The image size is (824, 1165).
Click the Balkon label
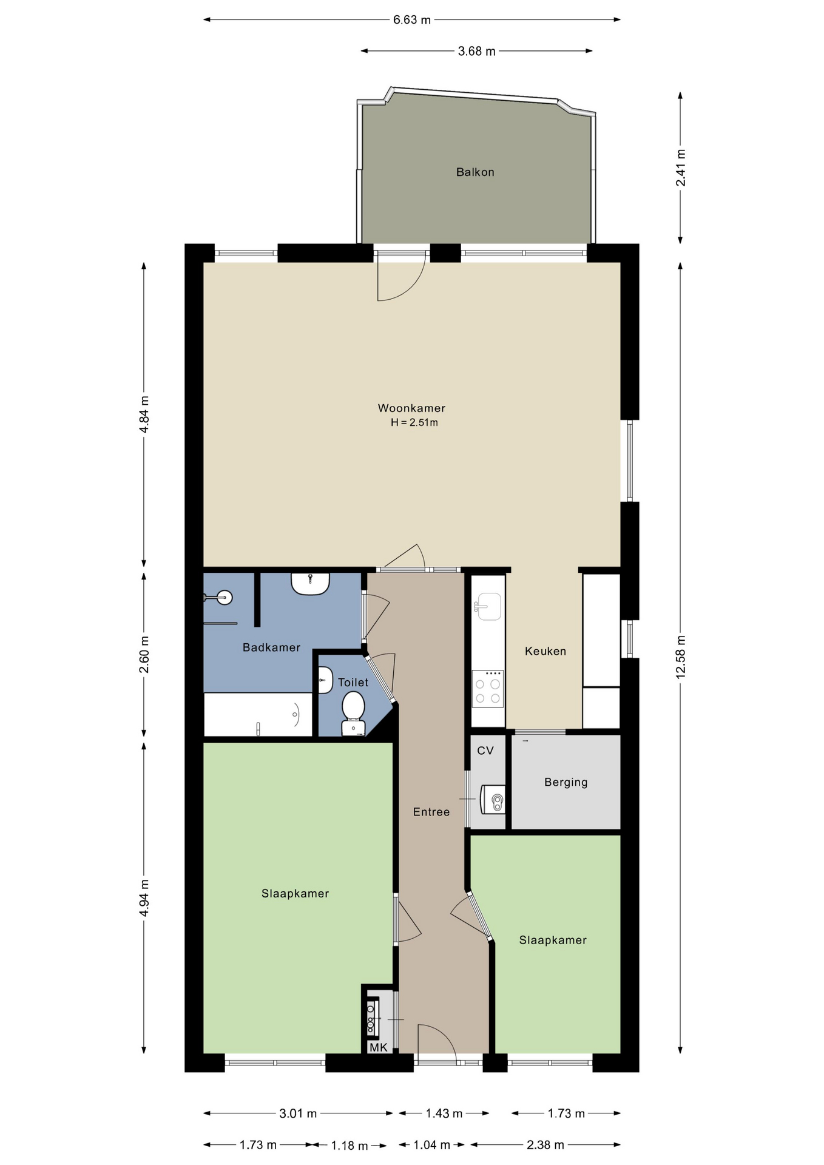475,172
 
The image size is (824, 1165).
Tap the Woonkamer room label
411,408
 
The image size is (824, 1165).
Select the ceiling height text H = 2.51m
414,423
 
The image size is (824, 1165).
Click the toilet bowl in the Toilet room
353,714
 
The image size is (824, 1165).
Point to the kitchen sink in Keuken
488,606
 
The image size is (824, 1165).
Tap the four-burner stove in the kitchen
488,689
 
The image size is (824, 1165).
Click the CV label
485,751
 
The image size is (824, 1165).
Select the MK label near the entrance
378,1047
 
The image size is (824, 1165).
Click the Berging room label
566,783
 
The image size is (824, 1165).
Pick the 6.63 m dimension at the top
412,20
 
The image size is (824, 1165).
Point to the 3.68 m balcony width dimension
476,52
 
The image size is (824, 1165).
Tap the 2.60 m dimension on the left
144,654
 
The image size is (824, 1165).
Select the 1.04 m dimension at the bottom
432,1145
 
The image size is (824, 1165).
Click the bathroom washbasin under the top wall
310,584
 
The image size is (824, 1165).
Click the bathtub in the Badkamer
258,715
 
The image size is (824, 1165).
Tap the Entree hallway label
431,812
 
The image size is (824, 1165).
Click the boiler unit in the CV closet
493,799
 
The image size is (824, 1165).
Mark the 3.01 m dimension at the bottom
298,1113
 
